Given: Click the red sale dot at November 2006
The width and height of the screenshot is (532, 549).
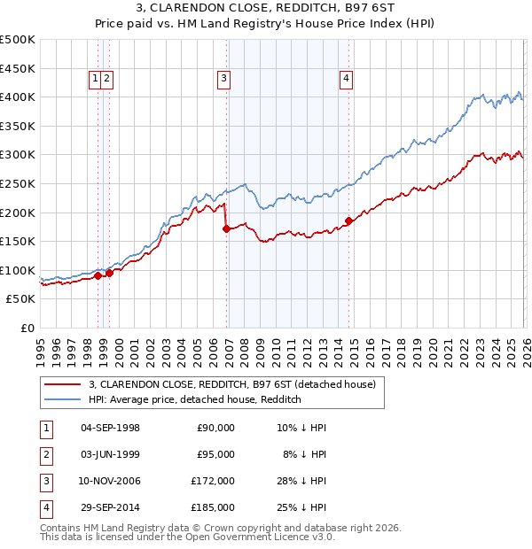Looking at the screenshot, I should pos(227,228).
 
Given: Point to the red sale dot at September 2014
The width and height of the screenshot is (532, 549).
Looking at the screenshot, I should pos(349,220).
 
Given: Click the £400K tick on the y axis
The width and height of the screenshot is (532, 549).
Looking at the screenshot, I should pos(18,97).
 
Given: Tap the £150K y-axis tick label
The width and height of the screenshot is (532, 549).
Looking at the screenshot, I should pos(18,241).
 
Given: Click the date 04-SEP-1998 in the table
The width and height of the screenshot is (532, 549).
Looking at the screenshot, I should pos(110,428).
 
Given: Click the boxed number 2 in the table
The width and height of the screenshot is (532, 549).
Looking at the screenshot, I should pos(45,454).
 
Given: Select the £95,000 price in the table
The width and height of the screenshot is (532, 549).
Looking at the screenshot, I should pos(215,454).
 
